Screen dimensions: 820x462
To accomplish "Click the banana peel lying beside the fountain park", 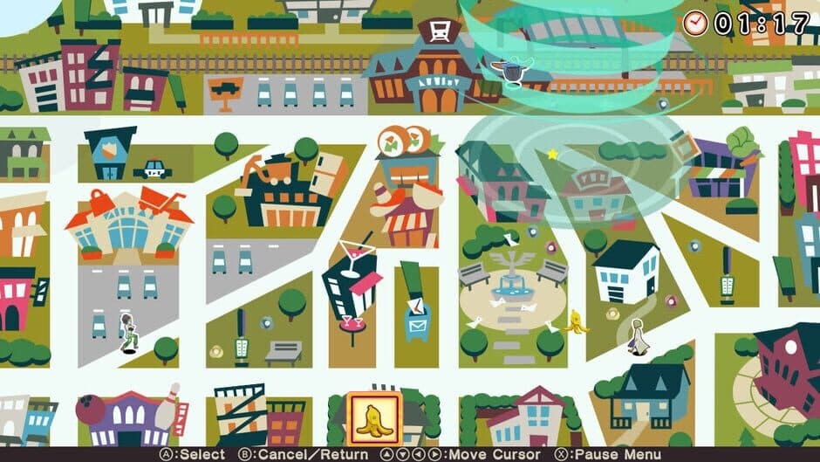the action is [x=576, y=321].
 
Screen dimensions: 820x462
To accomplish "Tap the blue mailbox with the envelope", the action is [x=417, y=317].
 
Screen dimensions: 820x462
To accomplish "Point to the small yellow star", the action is [x=552, y=155].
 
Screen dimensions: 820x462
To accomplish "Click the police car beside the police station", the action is [x=154, y=169].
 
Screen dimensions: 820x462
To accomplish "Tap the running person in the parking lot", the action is [x=128, y=332].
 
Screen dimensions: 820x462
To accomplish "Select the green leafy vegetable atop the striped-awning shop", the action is [x=742, y=140].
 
